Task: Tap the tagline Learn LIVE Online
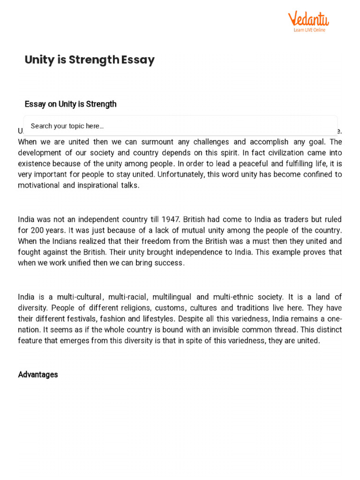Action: (309, 30)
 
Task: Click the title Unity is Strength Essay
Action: (90, 60)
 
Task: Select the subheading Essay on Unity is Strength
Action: (70, 104)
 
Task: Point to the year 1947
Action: (171, 219)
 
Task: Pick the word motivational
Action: (40, 185)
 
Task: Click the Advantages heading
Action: (38, 375)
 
